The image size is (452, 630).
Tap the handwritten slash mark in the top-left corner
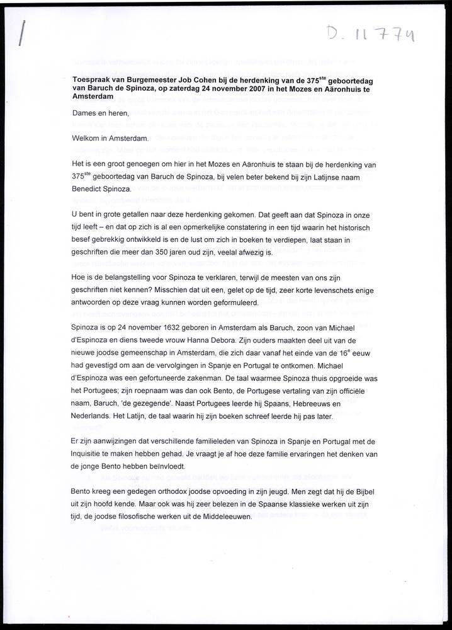coord(23,31)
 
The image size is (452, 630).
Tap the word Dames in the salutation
coord(85,114)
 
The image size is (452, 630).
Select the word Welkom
coord(88,139)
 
